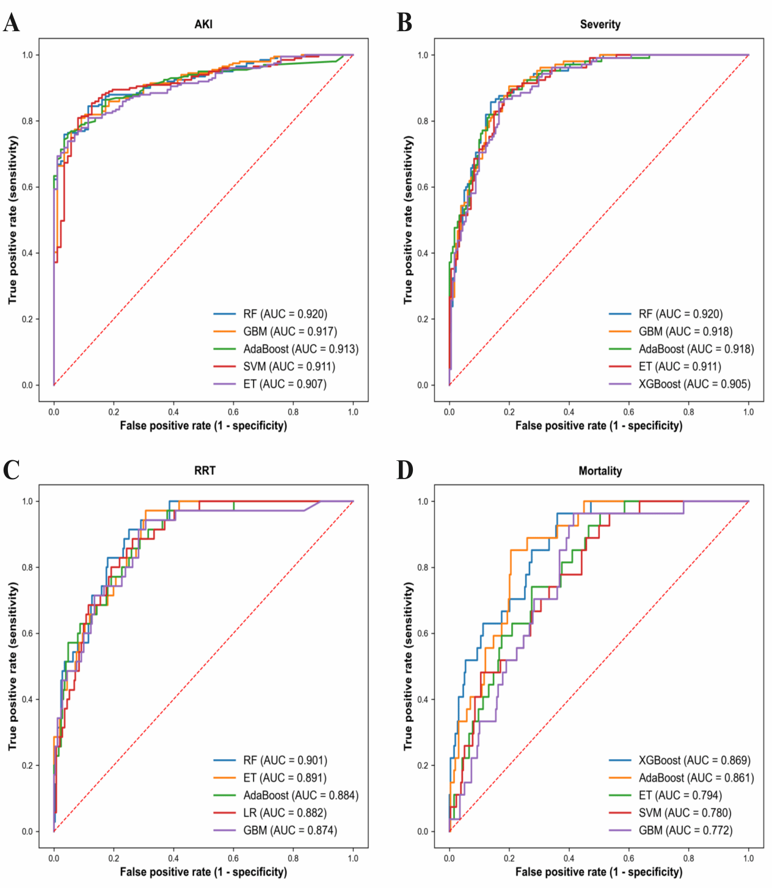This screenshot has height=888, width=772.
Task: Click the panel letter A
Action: pyautogui.click(x=11, y=23)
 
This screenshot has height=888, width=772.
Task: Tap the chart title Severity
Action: pyautogui.click(x=600, y=24)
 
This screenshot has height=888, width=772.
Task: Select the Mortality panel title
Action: pyautogui.click(x=600, y=471)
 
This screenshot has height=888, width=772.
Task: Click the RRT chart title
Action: pyautogui.click(x=205, y=471)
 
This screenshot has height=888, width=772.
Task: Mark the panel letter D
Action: pyautogui.click(x=405, y=470)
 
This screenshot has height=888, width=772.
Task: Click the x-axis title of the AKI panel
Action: pyautogui.click(x=203, y=425)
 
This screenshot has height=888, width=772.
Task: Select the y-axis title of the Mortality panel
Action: pyautogui.click(x=409, y=666)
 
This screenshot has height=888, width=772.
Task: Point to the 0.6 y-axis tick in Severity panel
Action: pyautogui.click(x=423, y=187)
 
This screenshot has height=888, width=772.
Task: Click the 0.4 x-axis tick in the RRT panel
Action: pyautogui.click(x=173, y=858)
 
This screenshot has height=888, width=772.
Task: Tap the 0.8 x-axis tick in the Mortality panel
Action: pyautogui.click(x=688, y=858)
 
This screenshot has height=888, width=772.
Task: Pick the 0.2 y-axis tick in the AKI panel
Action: pyautogui.click(x=27, y=319)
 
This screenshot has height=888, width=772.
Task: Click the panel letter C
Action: pyautogui.click(x=11, y=470)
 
